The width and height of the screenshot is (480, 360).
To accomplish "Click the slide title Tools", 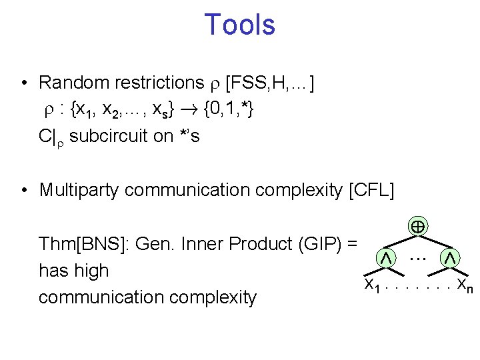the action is [239, 25].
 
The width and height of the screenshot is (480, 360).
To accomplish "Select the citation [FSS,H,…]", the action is [271, 83].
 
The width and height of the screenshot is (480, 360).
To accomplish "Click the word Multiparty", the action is [79, 190].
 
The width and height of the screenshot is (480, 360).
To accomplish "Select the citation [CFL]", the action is [371, 190].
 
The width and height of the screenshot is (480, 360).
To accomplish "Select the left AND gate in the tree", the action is [385, 257].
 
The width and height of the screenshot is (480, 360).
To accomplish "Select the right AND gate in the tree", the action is [451, 257].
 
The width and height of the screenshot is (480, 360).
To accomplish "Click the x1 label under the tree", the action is [372, 285].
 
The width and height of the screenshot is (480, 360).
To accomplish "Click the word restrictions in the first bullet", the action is [158, 83].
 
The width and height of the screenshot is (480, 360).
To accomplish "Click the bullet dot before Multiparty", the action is [23, 191].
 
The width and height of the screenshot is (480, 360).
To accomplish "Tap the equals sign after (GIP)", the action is [351, 244].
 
